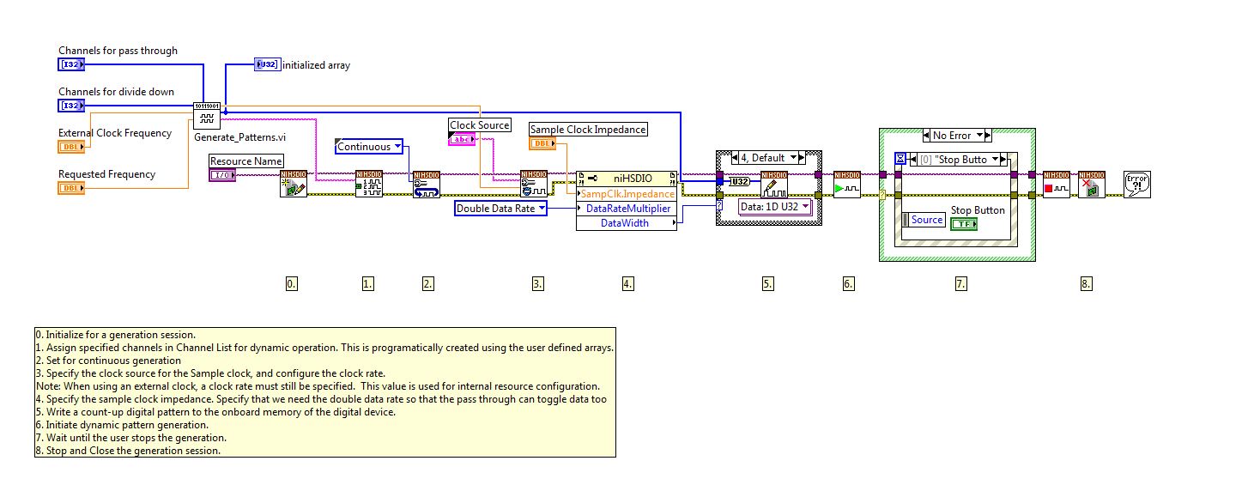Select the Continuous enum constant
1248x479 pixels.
pyautogui.click(x=368, y=146)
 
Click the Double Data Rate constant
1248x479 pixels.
pyautogui.click(x=500, y=208)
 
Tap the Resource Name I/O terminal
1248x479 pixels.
pyautogui.click(x=222, y=175)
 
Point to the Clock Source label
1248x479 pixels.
pyautogui.click(x=480, y=125)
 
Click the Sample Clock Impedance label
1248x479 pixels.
pyautogui.click(x=588, y=130)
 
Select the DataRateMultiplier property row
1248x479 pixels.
pyautogui.click(x=629, y=209)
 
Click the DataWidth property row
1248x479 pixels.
pyautogui.click(x=625, y=223)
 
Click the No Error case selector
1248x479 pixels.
pyautogui.click(x=957, y=135)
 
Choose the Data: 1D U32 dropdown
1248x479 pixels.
pyautogui.click(x=775, y=206)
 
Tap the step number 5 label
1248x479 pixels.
pyautogui.click(x=768, y=283)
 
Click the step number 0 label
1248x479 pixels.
pyautogui.click(x=292, y=283)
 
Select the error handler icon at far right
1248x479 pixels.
pyautogui.click(x=1137, y=184)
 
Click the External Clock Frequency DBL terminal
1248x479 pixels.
pyautogui.click(x=71, y=147)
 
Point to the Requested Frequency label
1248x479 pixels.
pyautogui.click(x=106, y=174)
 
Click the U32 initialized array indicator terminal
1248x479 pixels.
pyautogui.click(x=267, y=64)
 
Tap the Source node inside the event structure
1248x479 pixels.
pyautogui.click(x=924, y=220)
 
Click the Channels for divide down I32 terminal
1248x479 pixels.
pyautogui.click(x=71, y=106)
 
